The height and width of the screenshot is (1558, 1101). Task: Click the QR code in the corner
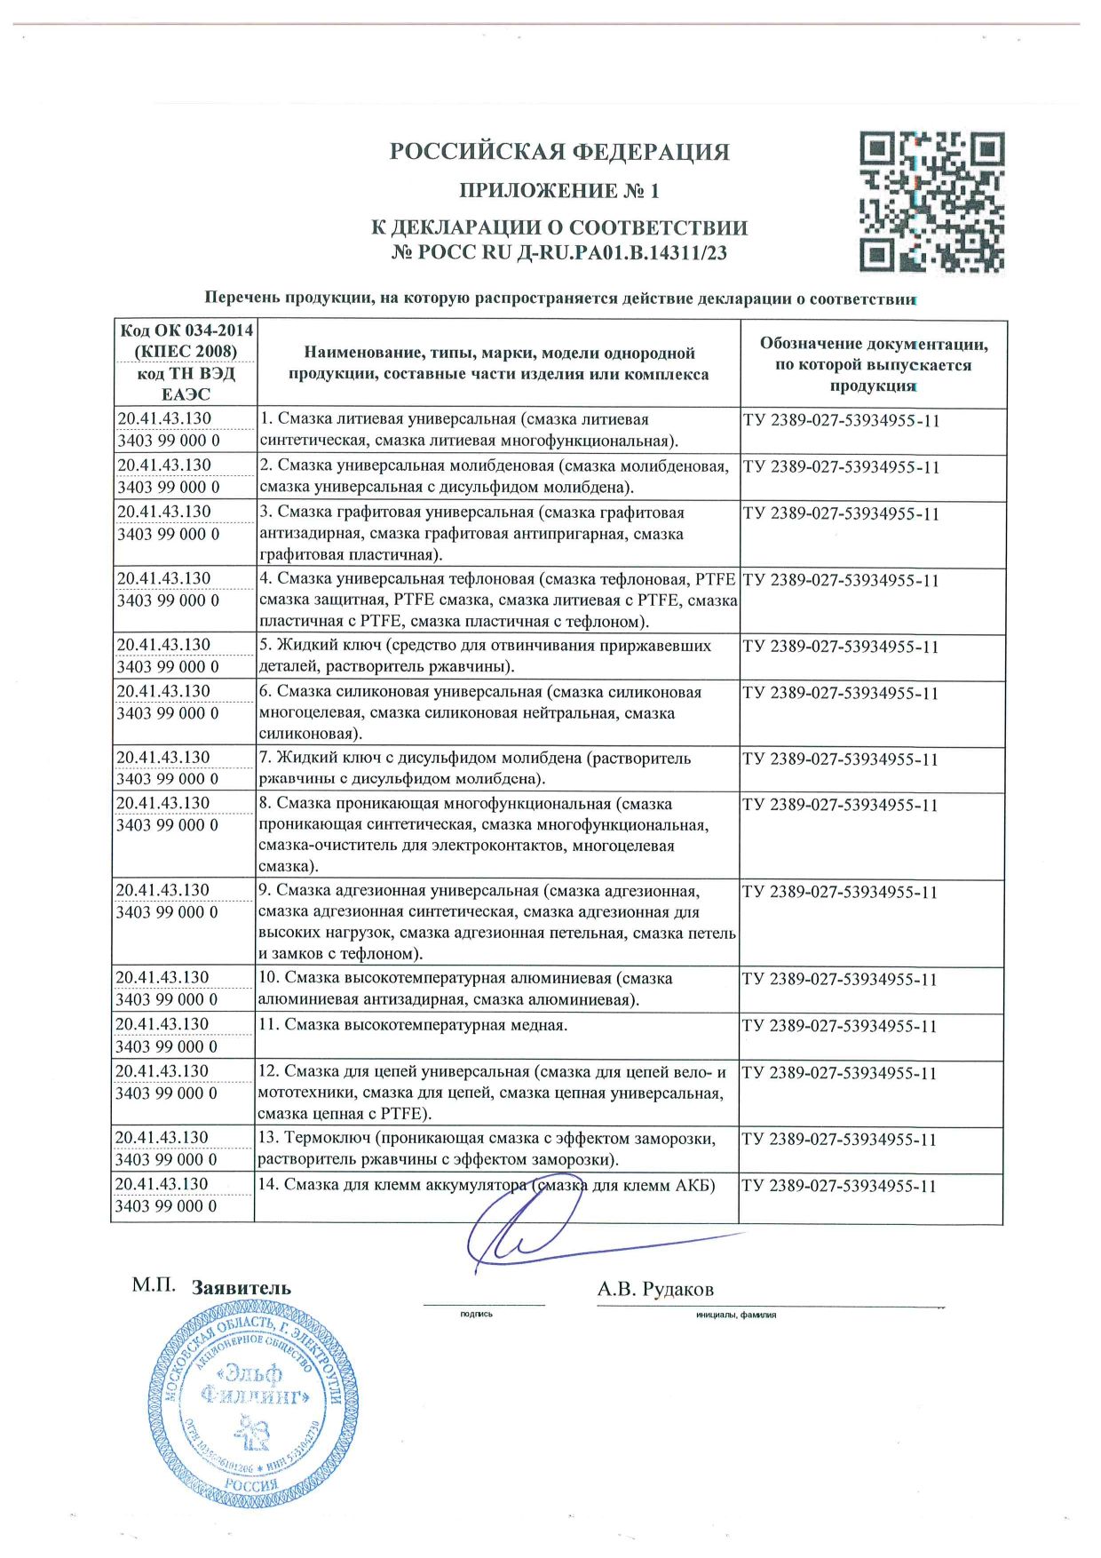coord(931,203)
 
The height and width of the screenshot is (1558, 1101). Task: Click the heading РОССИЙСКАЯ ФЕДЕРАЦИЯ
coord(559,152)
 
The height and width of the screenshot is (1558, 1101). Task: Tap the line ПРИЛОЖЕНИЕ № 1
coord(559,191)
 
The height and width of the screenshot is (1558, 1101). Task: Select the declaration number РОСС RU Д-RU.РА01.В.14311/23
coord(559,253)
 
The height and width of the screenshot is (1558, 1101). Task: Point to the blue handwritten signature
coord(533,1230)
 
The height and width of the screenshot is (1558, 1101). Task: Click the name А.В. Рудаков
coord(655,1289)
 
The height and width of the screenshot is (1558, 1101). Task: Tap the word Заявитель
coord(242,1288)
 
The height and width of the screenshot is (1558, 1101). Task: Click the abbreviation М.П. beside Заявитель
coord(154,1285)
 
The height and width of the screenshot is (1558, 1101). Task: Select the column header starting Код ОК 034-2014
coord(186,363)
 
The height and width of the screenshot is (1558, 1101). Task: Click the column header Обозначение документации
coord(873,364)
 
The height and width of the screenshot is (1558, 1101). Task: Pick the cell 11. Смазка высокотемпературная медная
coord(425,1025)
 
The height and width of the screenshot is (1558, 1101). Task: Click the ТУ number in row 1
coord(841,421)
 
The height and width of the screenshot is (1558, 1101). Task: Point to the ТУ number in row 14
coord(839,1186)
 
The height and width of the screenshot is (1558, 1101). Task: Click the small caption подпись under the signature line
coord(477,1314)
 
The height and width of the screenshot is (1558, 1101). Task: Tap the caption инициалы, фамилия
coord(736,1315)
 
